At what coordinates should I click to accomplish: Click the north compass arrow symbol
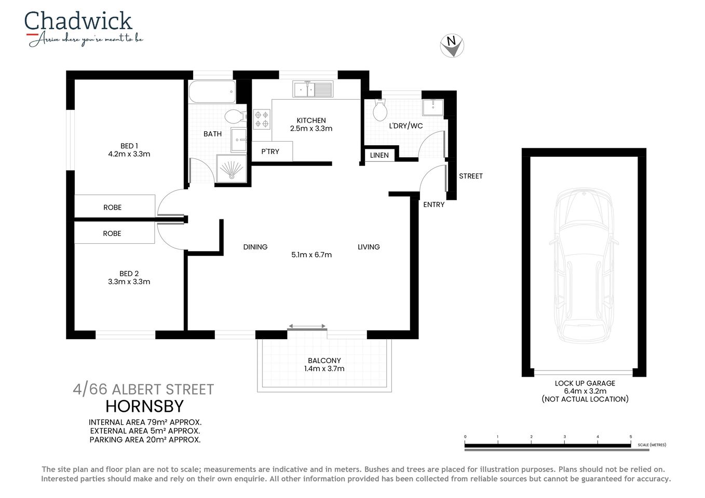[452, 46]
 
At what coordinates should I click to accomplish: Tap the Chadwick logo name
[78, 22]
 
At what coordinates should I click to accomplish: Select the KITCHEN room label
[311, 120]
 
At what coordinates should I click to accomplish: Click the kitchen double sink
[313, 89]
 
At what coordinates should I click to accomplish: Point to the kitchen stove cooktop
[262, 119]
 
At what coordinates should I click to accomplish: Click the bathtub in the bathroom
[212, 92]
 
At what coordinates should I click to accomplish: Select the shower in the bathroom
[231, 169]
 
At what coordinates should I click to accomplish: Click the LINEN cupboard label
[379, 155]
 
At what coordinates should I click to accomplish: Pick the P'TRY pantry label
[270, 151]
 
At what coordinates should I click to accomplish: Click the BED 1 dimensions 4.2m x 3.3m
[129, 154]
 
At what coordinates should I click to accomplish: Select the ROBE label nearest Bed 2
[112, 233]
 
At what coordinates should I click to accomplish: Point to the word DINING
[255, 247]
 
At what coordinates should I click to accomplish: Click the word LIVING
[369, 247]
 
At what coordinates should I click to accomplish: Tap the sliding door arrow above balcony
[307, 326]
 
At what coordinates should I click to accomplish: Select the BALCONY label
[324, 361]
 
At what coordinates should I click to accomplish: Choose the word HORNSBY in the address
[145, 406]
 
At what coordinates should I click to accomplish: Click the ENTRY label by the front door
[433, 204]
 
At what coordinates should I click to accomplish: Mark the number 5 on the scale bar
[631, 437]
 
